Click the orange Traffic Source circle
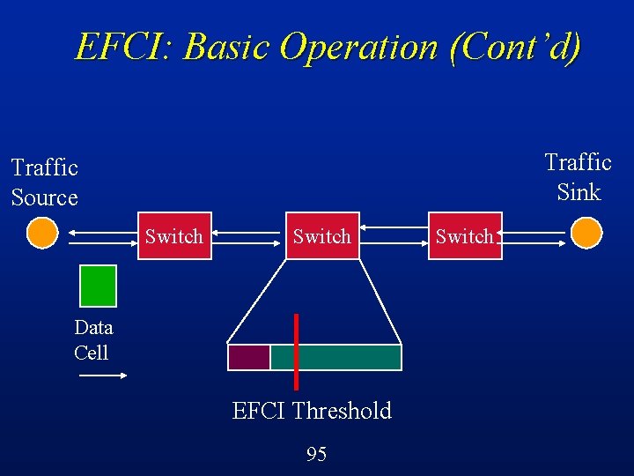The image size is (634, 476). point(41,234)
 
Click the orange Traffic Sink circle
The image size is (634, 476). point(586,234)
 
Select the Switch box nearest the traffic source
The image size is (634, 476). point(173,235)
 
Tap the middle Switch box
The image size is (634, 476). point(321,235)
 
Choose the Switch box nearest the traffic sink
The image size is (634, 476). point(465,235)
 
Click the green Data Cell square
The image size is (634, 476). point(98,285)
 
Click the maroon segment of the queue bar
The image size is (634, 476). point(248,357)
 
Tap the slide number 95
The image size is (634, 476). point(316,454)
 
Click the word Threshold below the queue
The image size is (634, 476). point(342,411)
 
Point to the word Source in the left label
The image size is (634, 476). point(45,197)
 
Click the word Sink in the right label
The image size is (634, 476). point(579,192)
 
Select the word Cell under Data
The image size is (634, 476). point(92,353)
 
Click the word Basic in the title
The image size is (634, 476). point(225,47)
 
